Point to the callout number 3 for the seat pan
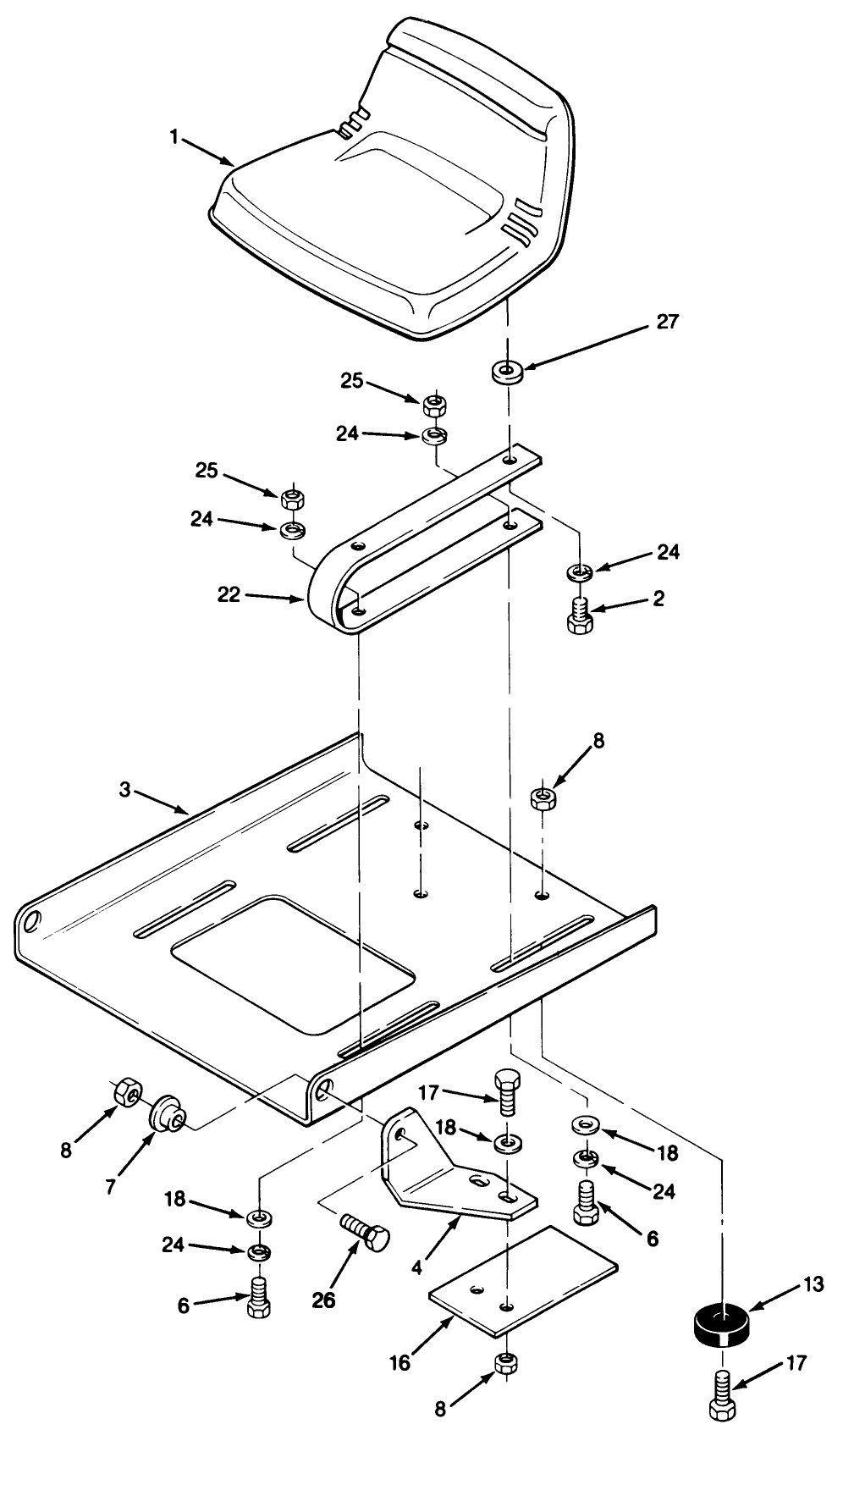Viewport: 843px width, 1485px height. point(124,790)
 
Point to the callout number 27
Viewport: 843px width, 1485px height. point(667,322)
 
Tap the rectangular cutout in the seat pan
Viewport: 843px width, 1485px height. point(292,963)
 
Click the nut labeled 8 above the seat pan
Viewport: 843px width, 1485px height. point(542,798)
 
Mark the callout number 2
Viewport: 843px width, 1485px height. point(658,599)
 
